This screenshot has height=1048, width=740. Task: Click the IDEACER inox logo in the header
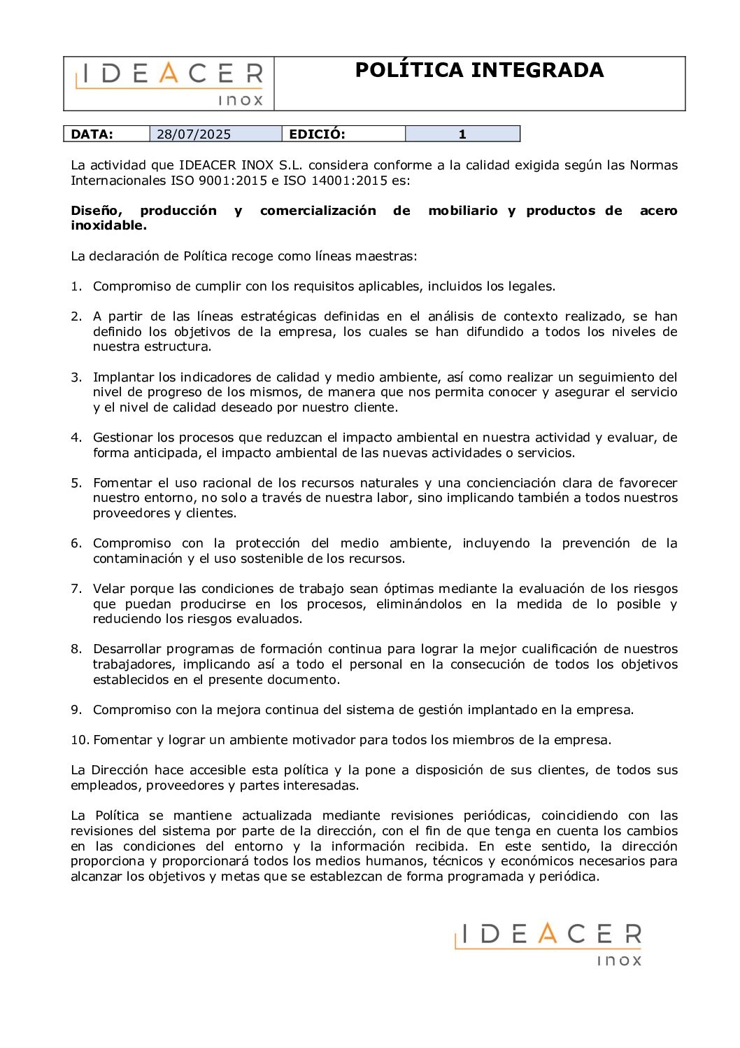pyautogui.click(x=169, y=83)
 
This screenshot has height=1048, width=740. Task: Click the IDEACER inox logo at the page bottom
pyautogui.click(x=548, y=944)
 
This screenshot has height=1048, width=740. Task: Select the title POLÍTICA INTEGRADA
pyautogui.click(x=479, y=70)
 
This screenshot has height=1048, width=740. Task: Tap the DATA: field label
pyautogui.click(x=92, y=134)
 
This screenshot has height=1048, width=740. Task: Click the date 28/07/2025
pyautogui.click(x=194, y=134)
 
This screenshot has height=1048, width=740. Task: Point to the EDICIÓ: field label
pyautogui.click(x=317, y=134)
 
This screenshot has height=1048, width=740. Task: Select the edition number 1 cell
pyautogui.click(x=462, y=134)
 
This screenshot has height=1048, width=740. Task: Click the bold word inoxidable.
pyautogui.click(x=108, y=225)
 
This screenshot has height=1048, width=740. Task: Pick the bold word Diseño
pyautogui.click(x=96, y=211)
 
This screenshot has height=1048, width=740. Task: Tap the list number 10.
pyautogui.click(x=80, y=740)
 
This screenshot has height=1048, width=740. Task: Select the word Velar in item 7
pyautogui.click(x=108, y=589)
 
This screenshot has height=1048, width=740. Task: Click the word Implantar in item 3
pyautogui.click(x=123, y=377)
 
